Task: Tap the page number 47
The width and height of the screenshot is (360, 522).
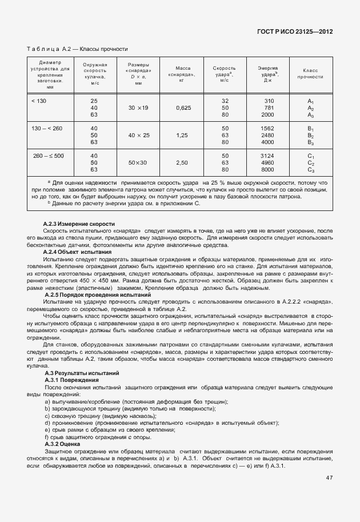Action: click(x=329, y=477)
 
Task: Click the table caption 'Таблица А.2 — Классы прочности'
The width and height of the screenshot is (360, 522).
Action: click(x=77, y=49)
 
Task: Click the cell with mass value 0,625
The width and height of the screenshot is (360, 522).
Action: click(x=182, y=107)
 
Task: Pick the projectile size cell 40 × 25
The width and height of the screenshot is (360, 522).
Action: click(x=138, y=136)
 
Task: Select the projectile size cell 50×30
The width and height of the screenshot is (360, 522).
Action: click(x=138, y=163)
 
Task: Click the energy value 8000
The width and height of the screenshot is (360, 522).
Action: click(x=267, y=170)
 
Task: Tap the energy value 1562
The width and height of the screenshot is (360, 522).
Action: click(x=267, y=128)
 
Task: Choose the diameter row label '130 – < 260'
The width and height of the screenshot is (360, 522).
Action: click(x=47, y=128)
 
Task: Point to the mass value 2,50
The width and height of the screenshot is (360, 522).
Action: click(x=182, y=163)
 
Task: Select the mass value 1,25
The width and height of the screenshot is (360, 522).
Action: click(x=182, y=136)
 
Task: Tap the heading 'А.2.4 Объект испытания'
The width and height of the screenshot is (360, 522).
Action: click(x=77, y=252)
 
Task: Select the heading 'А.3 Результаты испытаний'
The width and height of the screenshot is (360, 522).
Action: click(x=81, y=373)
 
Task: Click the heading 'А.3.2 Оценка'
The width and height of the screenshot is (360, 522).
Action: click(x=62, y=444)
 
